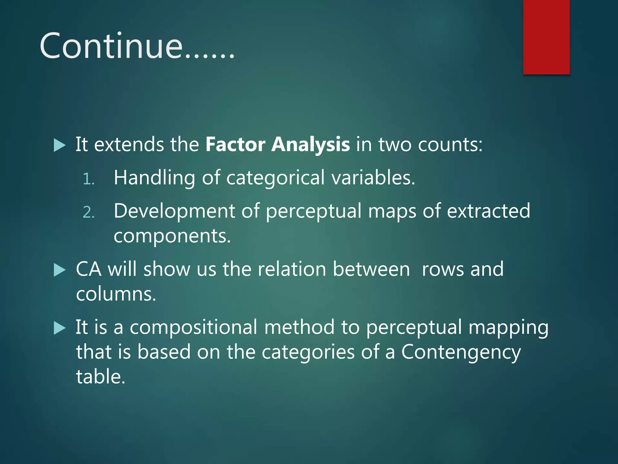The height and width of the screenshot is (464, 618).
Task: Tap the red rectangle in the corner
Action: (x=546, y=37)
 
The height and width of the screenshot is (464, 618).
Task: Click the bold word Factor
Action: (x=235, y=144)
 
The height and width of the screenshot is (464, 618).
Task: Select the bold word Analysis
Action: (x=311, y=145)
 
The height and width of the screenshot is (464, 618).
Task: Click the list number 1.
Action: (x=88, y=179)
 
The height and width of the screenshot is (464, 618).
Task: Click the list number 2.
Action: (x=88, y=212)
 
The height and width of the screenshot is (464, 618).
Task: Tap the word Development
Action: (x=174, y=211)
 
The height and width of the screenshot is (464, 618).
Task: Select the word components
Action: (x=172, y=236)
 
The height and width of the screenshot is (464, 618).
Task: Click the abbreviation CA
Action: (x=88, y=269)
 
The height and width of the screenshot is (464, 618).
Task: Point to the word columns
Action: (x=116, y=294)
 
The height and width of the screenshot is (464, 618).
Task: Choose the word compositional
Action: (x=193, y=327)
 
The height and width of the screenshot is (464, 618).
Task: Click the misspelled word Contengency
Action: (x=461, y=352)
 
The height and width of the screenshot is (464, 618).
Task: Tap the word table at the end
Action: (x=100, y=377)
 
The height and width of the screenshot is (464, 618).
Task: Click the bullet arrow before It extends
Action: (x=59, y=145)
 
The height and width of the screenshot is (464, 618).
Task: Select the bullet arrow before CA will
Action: (x=59, y=270)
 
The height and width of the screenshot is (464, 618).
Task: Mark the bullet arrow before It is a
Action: (x=59, y=328)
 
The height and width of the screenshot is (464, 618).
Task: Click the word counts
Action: (x=450, y=145)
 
